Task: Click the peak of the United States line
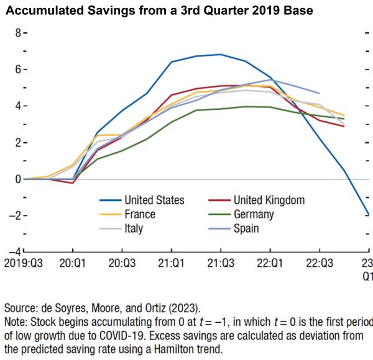(x=221, y=54)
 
